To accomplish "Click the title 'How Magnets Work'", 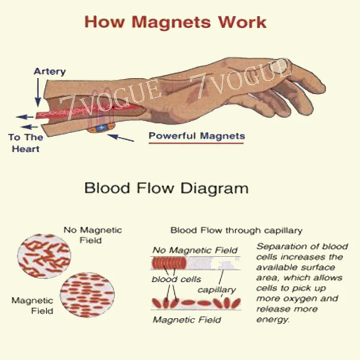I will (175, 22).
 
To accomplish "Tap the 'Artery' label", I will (50, 71).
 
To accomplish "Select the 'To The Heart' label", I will (25, 143).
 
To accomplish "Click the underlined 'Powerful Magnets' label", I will (196, 136).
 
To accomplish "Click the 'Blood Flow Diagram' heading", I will (166, 188).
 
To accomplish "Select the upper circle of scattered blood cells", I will (44, 256).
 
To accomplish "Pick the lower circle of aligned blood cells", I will (87, 294).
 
